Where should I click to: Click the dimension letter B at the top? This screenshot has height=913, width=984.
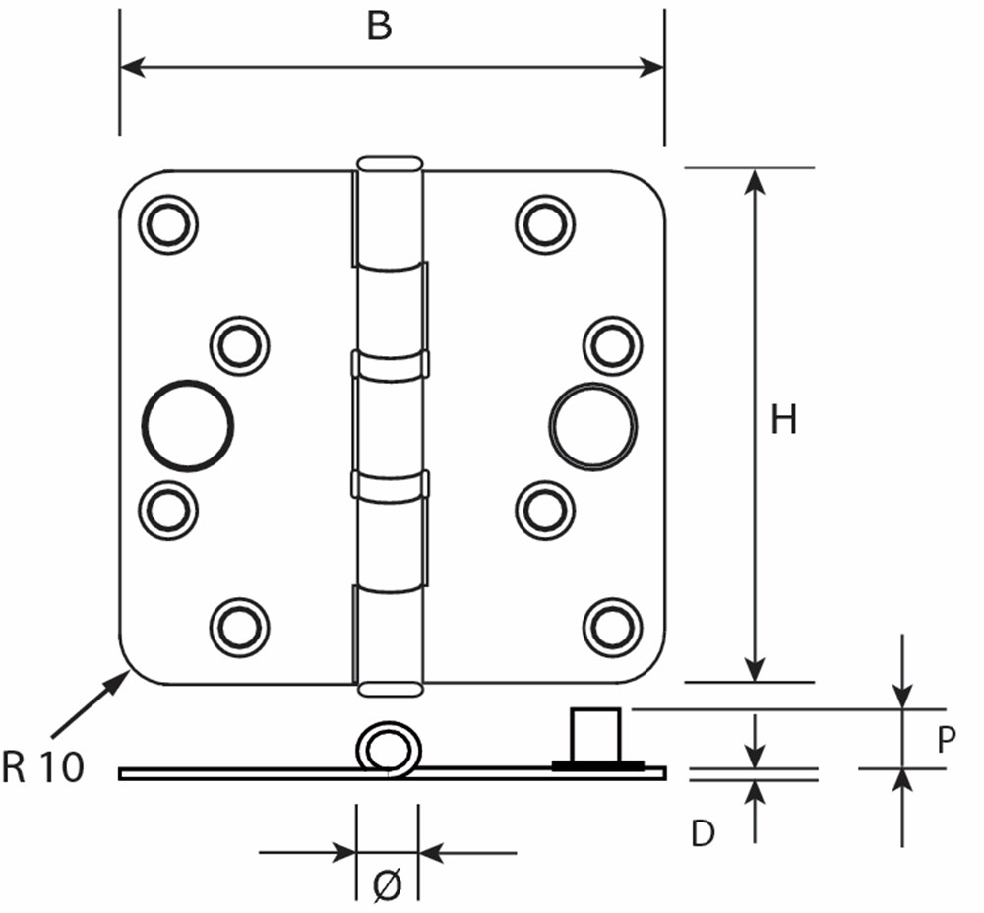click(x=379, y=27)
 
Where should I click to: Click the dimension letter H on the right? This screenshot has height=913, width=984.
click(x=783, y=421)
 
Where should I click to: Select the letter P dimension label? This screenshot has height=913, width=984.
click(x=947, y=740)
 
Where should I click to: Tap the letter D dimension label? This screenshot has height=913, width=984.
click(x=702, y=834)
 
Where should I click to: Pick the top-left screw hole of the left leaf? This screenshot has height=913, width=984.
click(x=168, y=221)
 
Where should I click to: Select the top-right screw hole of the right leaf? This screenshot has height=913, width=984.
click(x=545, y=224)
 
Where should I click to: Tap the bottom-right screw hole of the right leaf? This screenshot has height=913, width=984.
click(x=612, y=626)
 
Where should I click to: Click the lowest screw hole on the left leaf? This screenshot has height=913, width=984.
click(x=239, y=626)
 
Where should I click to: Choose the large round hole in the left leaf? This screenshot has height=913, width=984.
click(x=188, y=426)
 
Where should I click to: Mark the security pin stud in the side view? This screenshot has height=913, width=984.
click(x=596, y=734)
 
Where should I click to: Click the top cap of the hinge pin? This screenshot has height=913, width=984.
click(x=390, y=163)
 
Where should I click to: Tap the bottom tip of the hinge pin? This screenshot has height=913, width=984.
click(x=390, y=689)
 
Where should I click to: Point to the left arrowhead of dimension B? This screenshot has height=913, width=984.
click(x=129, y=67)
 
